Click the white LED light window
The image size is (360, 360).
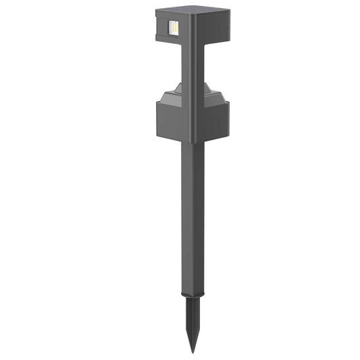(x=174, y=28)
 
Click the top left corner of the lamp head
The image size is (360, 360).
(x=156, y=9)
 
